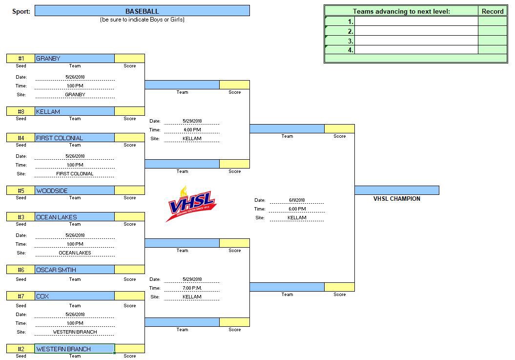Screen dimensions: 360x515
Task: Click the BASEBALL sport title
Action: (142, 11)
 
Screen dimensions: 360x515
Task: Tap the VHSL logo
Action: (191, 204)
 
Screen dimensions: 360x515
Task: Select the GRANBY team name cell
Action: (75, 59)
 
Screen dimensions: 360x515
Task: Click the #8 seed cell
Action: (21, 111)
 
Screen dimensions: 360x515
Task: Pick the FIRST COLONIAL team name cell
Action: (75, 138)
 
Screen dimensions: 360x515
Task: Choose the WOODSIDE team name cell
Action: (75, 191)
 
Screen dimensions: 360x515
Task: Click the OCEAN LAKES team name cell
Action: (75, 217)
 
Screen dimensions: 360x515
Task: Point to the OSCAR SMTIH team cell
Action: (75, 270)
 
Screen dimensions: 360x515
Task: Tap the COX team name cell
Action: (75, 296)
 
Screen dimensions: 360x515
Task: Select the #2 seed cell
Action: (21, 349)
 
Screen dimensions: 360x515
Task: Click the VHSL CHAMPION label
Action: (396, 199)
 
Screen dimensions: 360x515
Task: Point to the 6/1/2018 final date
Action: (296, 200)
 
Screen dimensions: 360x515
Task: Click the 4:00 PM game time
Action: (191, 130)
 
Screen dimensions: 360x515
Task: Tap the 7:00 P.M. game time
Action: (191, 288)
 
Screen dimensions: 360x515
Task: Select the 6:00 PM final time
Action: (296, 209)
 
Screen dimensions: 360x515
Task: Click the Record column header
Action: (493, 11)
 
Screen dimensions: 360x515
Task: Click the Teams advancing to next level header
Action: (401, 11)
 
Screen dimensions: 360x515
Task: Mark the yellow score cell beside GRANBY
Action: (129, 59)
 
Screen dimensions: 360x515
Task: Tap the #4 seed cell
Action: (21, 138)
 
